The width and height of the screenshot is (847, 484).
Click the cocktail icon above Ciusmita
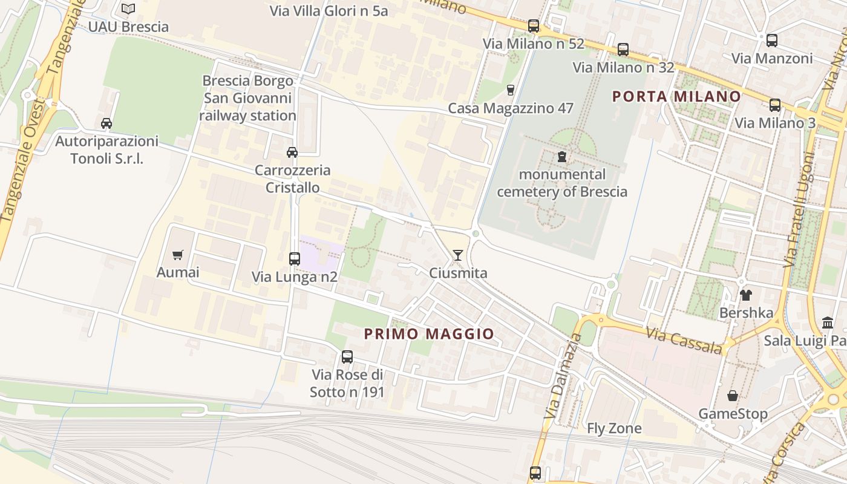point(458,255)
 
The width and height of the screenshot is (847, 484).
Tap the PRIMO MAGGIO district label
point(429,334)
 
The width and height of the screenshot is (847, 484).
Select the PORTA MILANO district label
point(676,96)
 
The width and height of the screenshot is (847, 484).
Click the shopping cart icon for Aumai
point(177,255)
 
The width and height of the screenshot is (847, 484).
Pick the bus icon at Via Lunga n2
point(295,259)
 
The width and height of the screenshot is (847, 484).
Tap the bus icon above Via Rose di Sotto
point(347,357)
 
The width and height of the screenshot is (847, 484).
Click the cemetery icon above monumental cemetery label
point(562,157)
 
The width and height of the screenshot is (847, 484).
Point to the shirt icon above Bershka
point(745,295)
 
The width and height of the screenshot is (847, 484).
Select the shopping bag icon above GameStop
point(733,396)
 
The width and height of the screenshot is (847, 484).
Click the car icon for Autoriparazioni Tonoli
point(106,123)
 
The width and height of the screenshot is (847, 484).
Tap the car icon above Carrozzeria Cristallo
point(292,152)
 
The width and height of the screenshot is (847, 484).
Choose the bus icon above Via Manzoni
point(772,41)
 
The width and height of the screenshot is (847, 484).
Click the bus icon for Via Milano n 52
point(533,26)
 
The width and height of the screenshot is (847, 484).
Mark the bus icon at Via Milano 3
point(775,105)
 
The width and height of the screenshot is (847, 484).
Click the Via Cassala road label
point(684,341)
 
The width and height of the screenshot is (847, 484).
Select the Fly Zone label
point(614,428)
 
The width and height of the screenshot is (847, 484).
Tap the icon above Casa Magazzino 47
point(510,90)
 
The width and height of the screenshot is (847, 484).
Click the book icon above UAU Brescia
point(128,8)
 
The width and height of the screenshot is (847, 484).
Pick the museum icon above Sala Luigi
point(827,322)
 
